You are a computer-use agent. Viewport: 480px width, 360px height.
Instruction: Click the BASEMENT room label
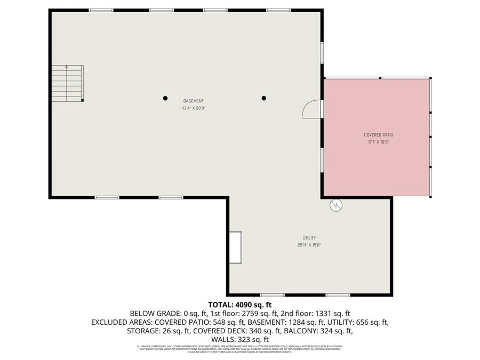pos(193,101)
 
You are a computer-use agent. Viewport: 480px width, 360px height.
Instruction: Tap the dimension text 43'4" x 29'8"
pos(193,108)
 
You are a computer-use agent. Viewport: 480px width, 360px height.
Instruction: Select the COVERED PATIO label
pos(379,135)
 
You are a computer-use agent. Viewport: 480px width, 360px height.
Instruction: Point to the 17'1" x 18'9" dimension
pos(379,142)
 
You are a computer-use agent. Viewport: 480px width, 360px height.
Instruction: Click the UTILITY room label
pos(309,238)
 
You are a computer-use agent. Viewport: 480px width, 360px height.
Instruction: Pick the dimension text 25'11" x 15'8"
pos(309,245)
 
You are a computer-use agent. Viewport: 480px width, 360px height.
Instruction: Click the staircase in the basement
pos(67,83)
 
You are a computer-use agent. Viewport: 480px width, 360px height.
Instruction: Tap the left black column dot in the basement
pos(165,98)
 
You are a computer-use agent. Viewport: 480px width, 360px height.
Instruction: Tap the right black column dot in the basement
pos(263,98)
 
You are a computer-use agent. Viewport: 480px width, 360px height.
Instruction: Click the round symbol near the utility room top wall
pos(336,204)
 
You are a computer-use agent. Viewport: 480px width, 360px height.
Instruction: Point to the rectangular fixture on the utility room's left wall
pos(235,247)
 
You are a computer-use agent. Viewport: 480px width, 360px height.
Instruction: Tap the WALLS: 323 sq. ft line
pos(240,339)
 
